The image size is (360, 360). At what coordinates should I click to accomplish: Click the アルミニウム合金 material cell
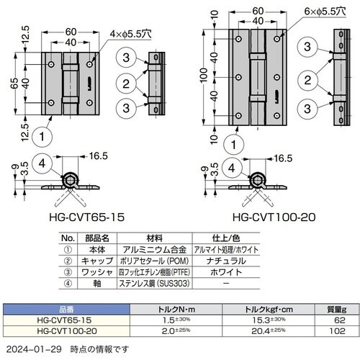point(155,247)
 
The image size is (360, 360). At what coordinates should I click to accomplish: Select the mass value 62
point(340,319)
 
